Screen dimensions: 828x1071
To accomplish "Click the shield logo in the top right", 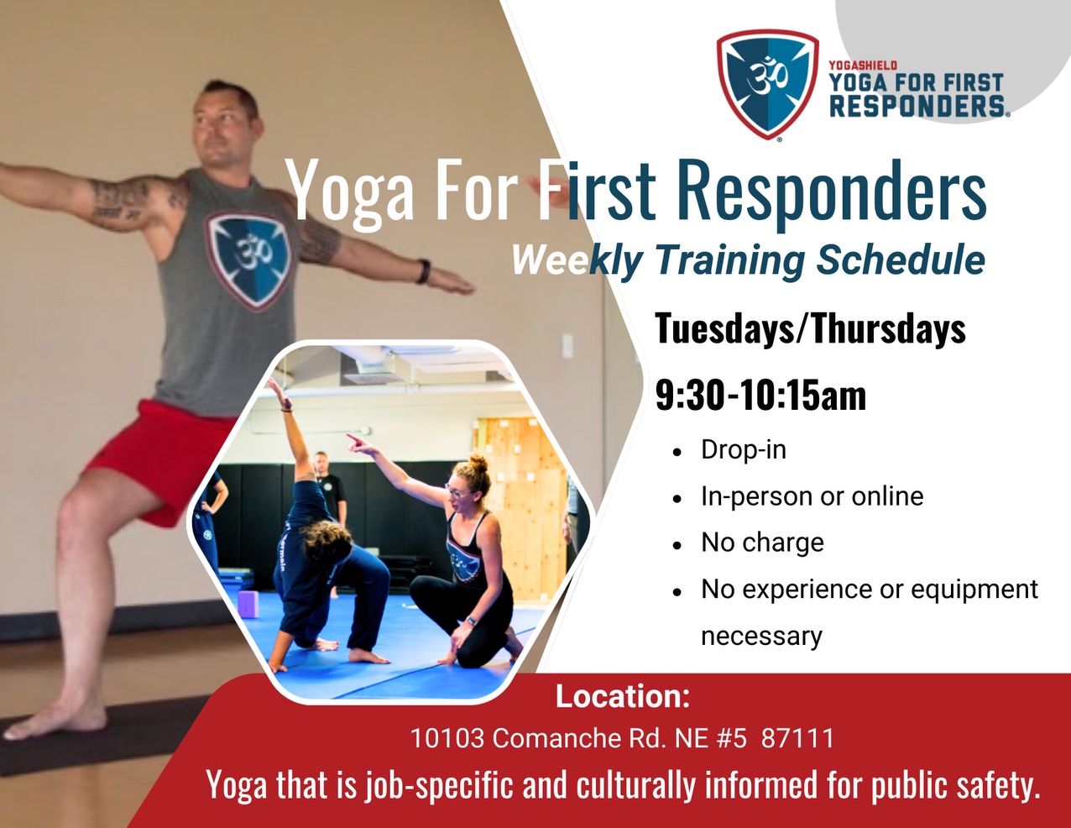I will point(767,83).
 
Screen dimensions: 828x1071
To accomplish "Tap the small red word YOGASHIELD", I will point(863,66).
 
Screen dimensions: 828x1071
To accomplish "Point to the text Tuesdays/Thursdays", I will point(810,328).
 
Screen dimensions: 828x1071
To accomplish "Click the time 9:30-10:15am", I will point(760,395).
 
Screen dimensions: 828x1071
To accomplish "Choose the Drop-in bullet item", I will point(744,450).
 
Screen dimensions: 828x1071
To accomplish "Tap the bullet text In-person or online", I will point(812,496).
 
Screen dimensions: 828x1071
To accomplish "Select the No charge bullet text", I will point(762,542).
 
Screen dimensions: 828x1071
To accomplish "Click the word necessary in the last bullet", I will point(761,636).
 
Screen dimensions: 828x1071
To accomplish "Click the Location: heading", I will point(622,696).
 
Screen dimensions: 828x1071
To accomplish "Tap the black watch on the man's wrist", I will point(424,271).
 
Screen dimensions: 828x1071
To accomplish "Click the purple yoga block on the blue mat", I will point(248,604).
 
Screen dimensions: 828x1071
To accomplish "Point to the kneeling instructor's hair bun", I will point(478,463).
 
